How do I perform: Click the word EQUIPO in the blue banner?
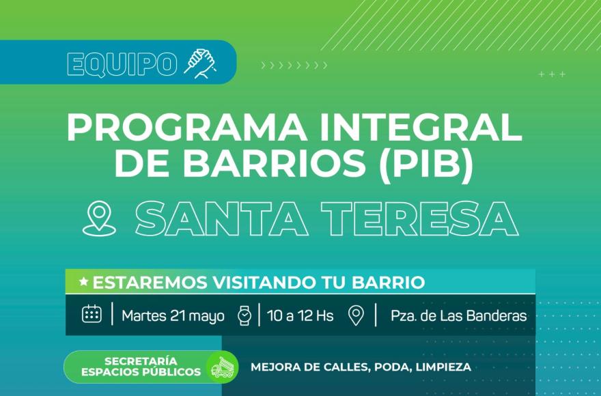pyautogui.click(x=122, y=64)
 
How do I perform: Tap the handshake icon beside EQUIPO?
pyautogui.click(x=201, y=63)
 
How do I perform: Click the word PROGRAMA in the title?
pyautogui.click(x=186, y=128)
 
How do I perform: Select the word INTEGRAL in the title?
pyautogui.click(x=421, y=128)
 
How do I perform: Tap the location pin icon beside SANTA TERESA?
pyautogui.click(x=99, y=219)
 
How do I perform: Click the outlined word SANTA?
pyautogui.click(x=221, y=218)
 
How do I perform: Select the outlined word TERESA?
pyautogui.click(x=420, y=218)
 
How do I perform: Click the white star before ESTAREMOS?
pyautogui.click(x=83, y=282)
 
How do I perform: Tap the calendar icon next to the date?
pyautogui.click(x=92, y=314)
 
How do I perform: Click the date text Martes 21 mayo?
pyautogui.click(x=173, y=316)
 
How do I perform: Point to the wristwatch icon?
pyautogui.click(x=244, y=315)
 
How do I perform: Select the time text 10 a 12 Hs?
pyautogui.click(x=300, y=315)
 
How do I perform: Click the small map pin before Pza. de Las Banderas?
pyautogui.click(x=356, y=315)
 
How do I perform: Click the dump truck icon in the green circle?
pyautogui.click(x=223, y=367)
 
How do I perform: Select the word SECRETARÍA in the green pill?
pyautogui.click(x=141, y=361)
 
